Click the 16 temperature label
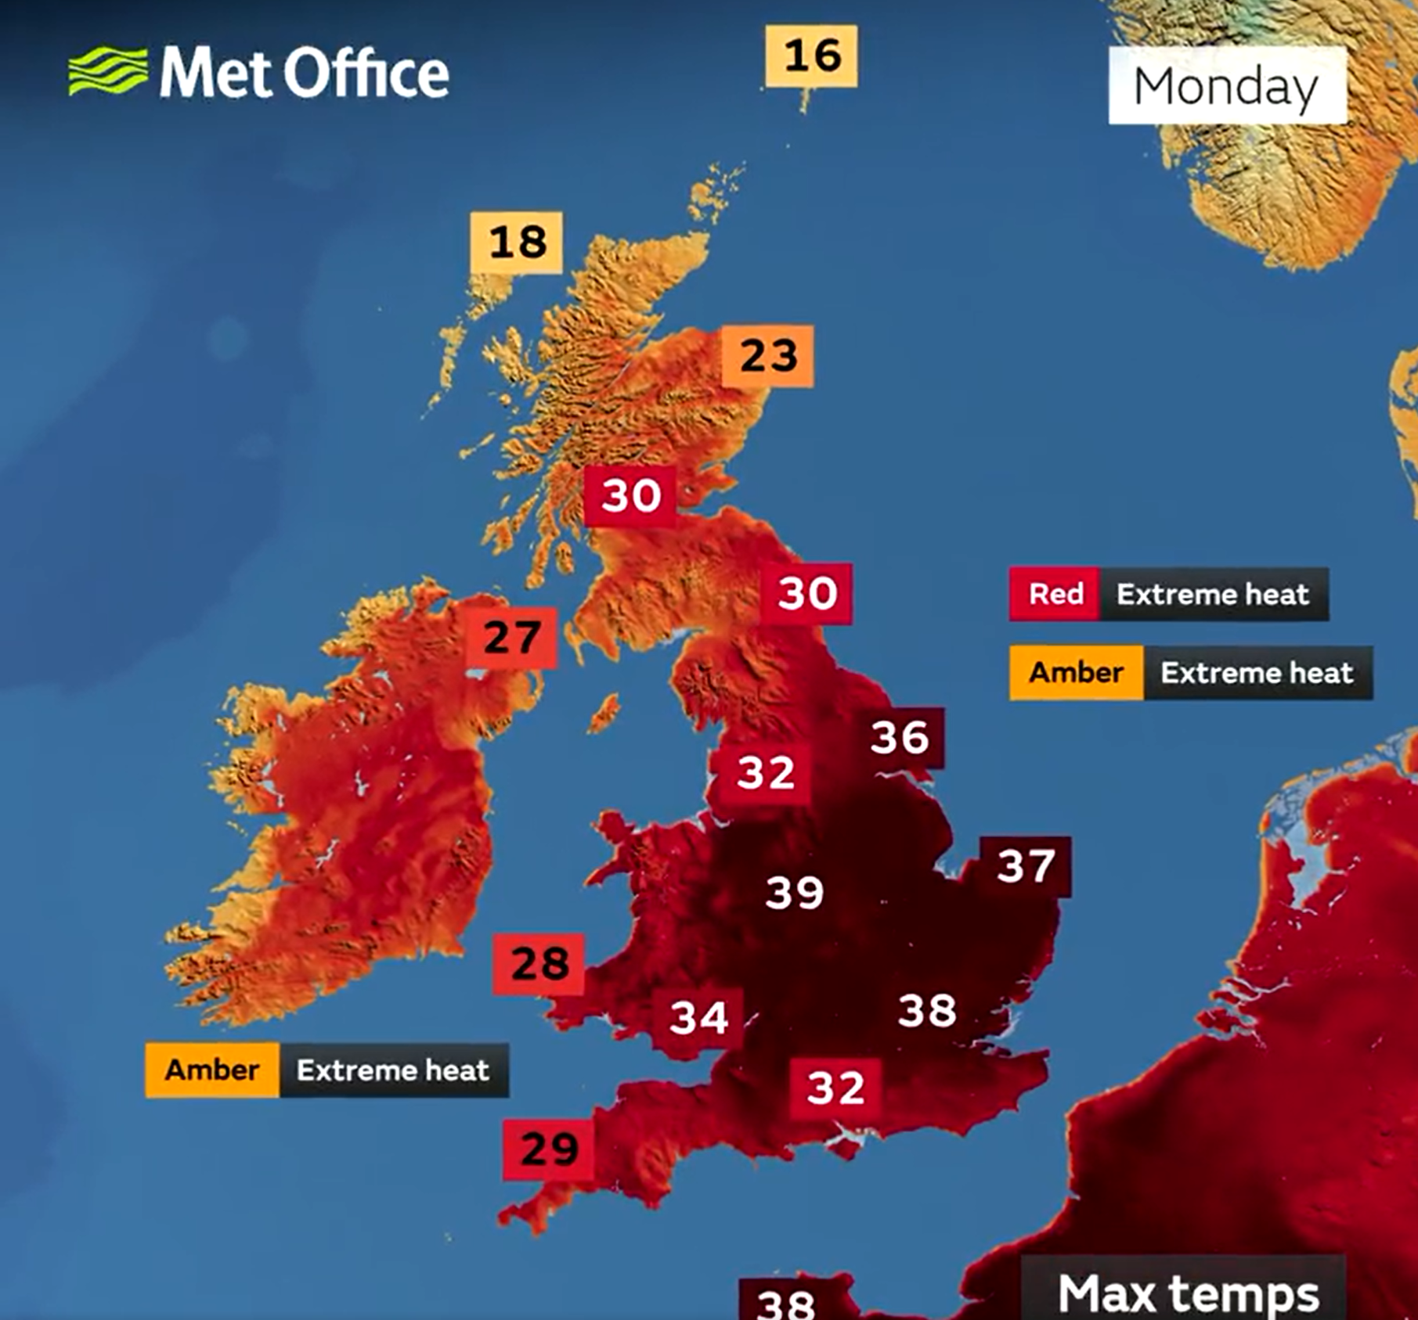[x=811, y=56]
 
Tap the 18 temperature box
[x=517, y=242]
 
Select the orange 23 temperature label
[x=768, y=356]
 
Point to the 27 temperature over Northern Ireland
[x=512, y=638]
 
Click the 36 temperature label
[x=900, y=738]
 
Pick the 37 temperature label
[x=1026, y=867]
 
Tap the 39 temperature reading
[x=794, y=892]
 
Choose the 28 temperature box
[x=539, y=964]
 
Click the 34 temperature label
[x=698, y=1018]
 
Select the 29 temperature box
[x=548, y=1149]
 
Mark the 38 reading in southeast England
[x=927, y=1010]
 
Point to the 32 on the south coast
[x=835, y=1088]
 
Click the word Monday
[x=1226, y=86]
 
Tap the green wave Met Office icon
[x=107, y=71]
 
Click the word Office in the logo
[x=366, y=73]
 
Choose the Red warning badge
[x=1055, y=595]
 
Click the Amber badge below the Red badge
[x=1076, y=673]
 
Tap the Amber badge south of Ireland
[x=212, y=1070]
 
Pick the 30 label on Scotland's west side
[x=630, y=496]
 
